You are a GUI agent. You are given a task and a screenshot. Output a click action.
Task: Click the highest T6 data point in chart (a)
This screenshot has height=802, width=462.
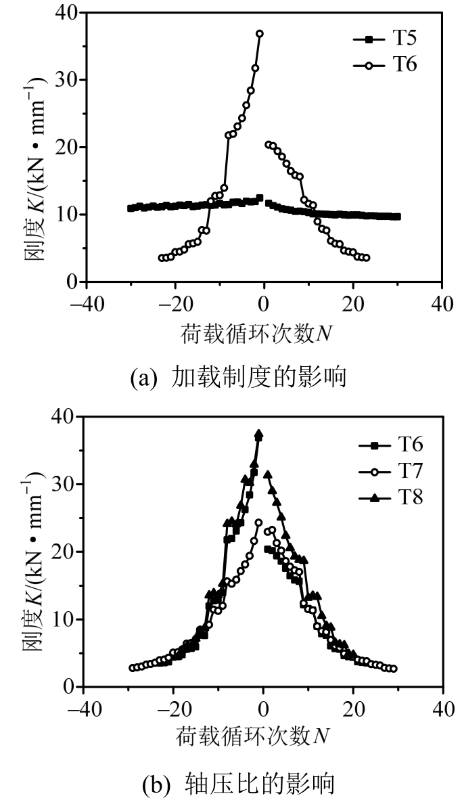pyautogui.click(x=260, y=33)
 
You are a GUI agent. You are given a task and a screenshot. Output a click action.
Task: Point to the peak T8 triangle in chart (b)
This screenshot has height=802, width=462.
pyautogui.click(x=258, y=434)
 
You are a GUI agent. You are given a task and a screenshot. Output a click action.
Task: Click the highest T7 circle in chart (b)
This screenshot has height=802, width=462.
pyautogui.click(x=258, y=522)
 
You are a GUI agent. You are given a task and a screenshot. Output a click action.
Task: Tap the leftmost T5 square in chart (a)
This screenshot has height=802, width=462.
pyautogui.click(x=131, y=208)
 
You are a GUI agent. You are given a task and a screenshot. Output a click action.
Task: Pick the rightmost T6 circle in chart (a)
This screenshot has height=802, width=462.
pyautogui.click(x=367, y=258)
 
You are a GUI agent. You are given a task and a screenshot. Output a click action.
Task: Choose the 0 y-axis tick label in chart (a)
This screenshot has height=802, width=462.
pyautogui.click(x=70, y=282)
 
